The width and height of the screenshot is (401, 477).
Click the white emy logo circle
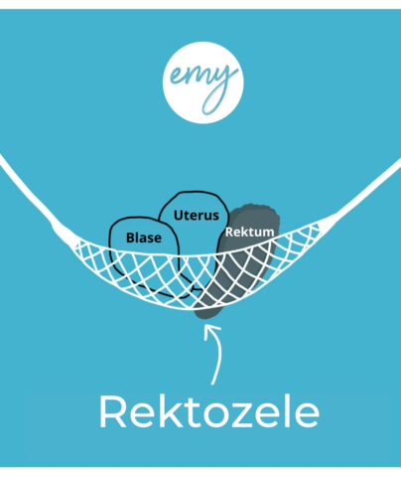coord(203,82)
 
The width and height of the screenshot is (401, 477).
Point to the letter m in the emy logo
coord(196,77)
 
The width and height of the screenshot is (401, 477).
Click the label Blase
coord(144,238)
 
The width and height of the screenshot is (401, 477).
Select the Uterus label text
coord(197,216)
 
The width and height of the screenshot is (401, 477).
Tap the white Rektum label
coord(250,232)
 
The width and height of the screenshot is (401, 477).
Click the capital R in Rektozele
coord(112,411)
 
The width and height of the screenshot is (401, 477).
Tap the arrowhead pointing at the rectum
coord(211,331)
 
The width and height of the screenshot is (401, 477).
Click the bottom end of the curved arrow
coord(212,385)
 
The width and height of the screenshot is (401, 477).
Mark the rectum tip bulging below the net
coord(207,313)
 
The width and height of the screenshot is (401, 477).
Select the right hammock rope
coord(364,192)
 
